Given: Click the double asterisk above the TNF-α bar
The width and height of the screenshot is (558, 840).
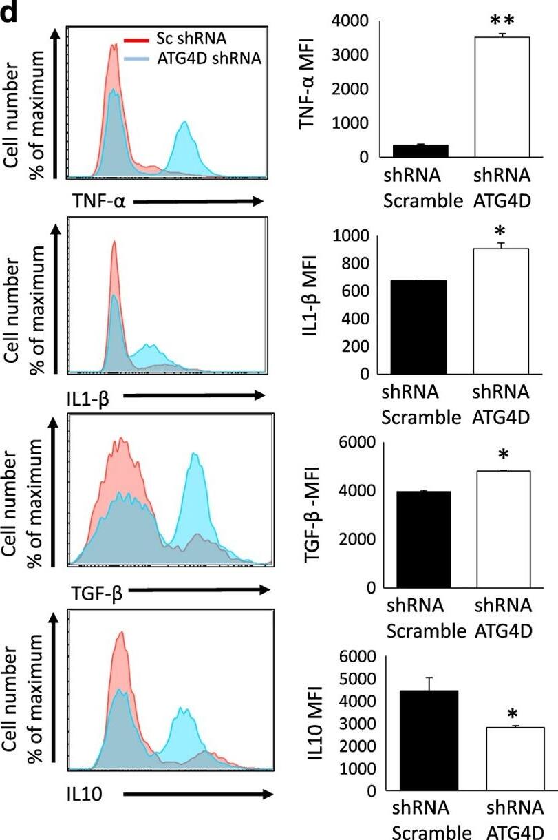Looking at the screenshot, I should pyautogui.click(x=501, y=17).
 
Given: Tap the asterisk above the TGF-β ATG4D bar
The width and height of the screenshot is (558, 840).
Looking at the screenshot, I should pyautogui.click(x=501, y=456).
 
